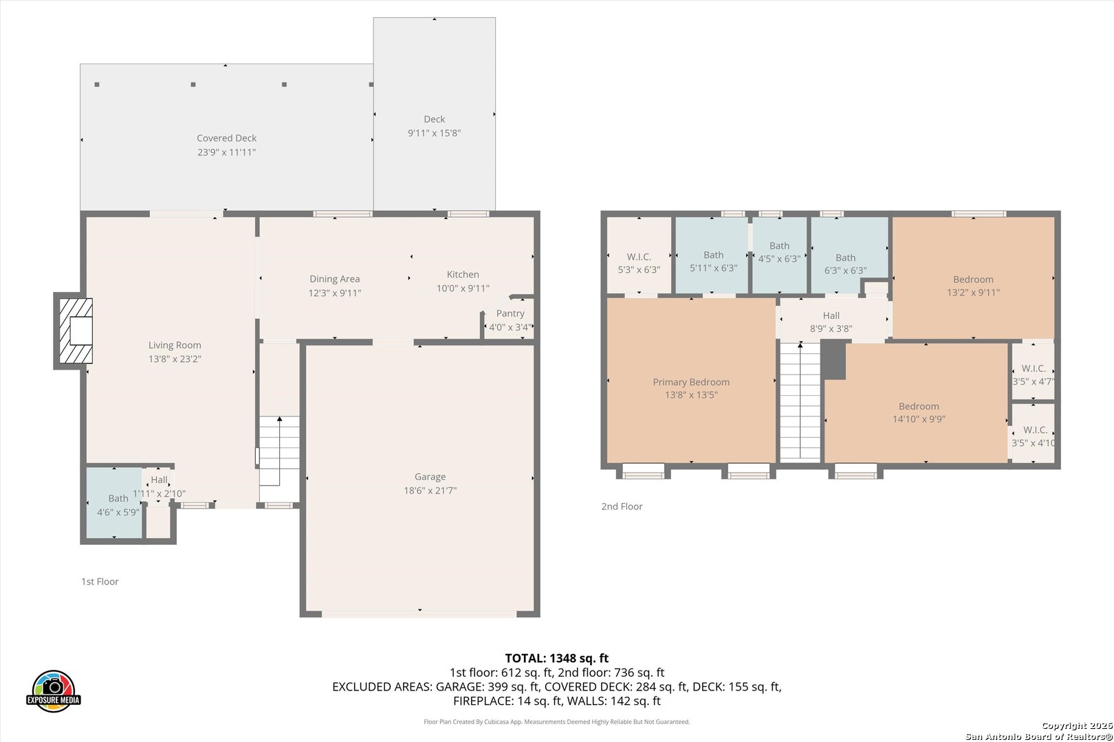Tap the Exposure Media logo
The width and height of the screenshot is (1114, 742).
(x=53, y=690)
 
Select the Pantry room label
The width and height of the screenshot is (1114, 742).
(x=510, y=313)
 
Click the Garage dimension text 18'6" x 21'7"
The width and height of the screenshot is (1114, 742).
(x=430, y=491)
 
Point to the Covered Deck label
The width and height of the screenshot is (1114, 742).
(x=226, y=138)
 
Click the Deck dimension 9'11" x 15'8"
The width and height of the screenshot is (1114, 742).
(x=434, y=133)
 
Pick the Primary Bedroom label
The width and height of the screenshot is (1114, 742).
(x=691, y=382)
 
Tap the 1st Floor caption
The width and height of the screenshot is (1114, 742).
(x=100, y=581)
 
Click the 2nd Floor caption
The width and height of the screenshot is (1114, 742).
(x=622, y=506)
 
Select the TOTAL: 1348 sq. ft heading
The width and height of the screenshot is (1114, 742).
(x=556, y=658)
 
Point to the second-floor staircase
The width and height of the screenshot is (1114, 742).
(x=800, y=401)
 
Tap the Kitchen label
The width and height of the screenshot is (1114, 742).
(x=463, y=274)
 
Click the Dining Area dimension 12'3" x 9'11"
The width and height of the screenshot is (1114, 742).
(x=335, y=293)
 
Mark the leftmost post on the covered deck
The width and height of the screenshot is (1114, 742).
(x=97, y=85)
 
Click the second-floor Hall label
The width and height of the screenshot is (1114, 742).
(x=831, y=315)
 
